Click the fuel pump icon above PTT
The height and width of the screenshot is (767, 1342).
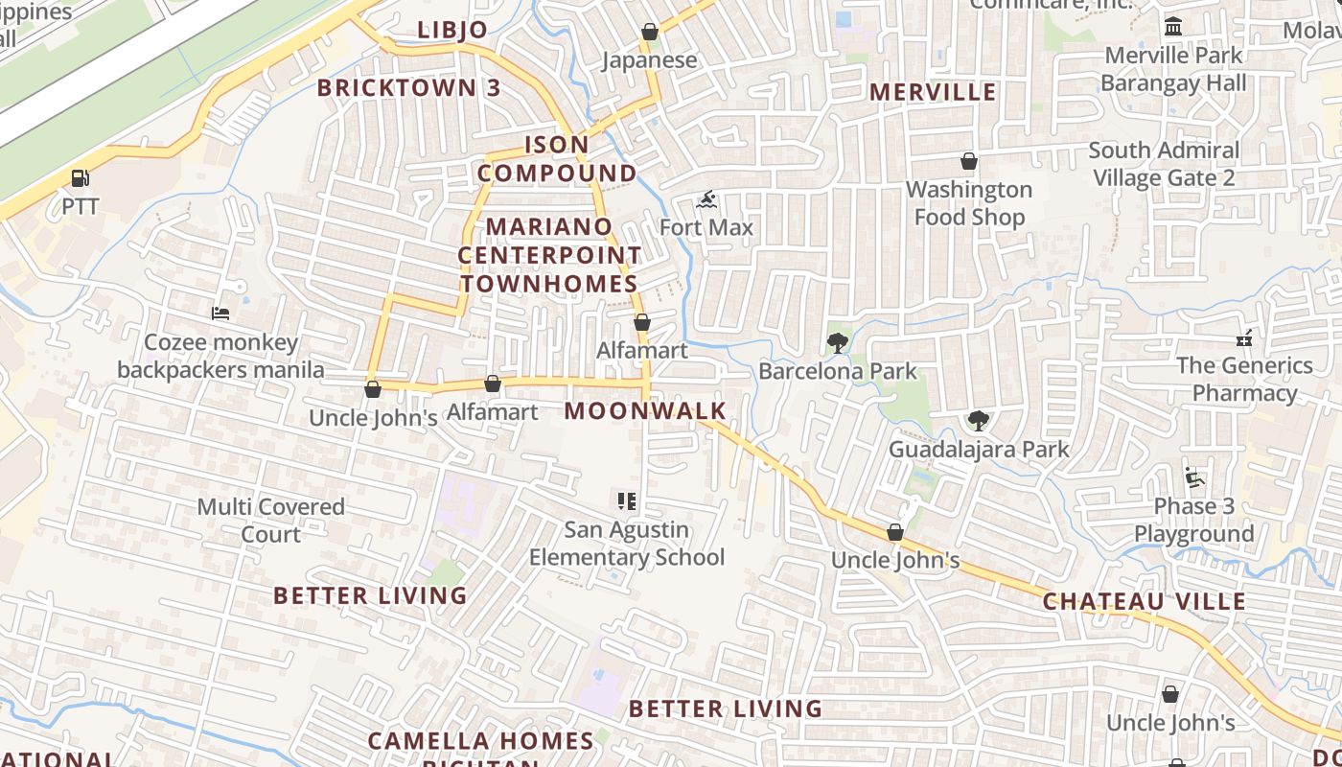click(81, 178)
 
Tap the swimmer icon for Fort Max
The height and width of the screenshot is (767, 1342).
click(706, 200)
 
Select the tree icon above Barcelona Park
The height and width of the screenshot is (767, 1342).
click(838, 343)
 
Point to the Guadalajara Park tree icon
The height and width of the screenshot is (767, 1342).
click(978, 421)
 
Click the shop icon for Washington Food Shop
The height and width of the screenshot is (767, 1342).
click(969, 161)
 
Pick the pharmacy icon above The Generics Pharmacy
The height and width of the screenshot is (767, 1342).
click(1244, 337)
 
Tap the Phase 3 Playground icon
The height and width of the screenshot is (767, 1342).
click(1192, 477)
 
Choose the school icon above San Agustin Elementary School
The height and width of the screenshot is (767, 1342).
click(627, 501)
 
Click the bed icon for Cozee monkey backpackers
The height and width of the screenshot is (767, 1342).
click(220, 314)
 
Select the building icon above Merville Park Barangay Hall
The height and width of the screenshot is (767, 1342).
click(1173, 27)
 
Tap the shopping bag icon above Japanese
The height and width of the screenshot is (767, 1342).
click(650, 32)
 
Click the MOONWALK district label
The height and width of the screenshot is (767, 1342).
click(645, 411)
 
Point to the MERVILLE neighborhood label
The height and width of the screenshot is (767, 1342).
click(933, 92)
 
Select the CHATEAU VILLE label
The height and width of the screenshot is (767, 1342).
click(1144, 602)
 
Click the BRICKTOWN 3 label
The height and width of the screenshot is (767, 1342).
click(408, 88)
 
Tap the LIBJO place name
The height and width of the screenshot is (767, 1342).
click(452, 30)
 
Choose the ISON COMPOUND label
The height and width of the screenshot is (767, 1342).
click(557, 159)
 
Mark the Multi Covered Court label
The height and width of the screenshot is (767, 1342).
click(270, 520)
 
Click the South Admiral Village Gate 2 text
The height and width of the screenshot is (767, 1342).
click(1164, 164)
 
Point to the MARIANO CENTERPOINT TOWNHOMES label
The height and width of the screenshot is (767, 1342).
click(549, 255)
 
